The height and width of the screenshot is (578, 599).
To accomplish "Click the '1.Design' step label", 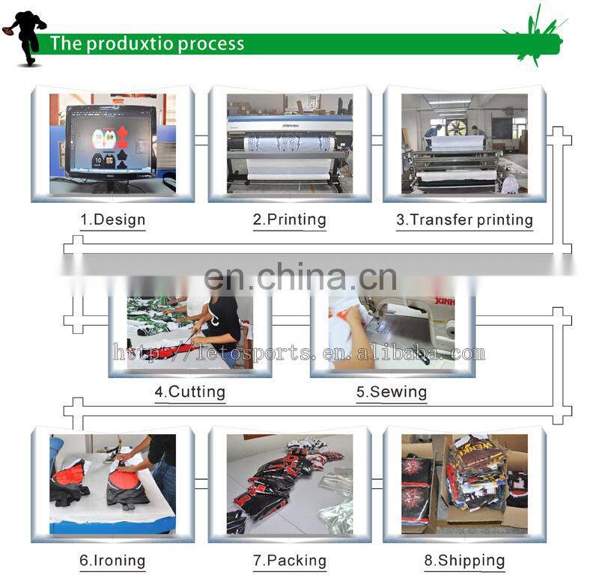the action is (113, 219).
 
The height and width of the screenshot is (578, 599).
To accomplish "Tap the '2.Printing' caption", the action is (290, 219).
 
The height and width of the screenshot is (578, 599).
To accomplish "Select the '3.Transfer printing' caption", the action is (464, 219).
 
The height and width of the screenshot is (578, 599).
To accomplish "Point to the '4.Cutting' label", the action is (190, 392).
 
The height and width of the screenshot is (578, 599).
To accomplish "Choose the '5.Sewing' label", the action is (392, 392).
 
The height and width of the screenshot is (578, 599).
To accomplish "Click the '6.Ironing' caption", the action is (113, 561).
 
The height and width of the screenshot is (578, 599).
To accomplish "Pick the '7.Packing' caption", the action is (290, 561).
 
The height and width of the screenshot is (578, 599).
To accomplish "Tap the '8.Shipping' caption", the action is (464, 561).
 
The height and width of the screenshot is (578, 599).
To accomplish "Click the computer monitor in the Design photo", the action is (111, 143).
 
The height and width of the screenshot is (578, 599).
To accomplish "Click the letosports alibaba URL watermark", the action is (299, 353).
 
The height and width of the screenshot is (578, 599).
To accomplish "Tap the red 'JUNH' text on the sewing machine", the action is (445, 302).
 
